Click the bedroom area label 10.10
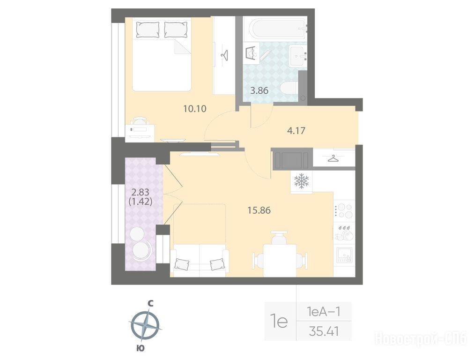tap(195, 108)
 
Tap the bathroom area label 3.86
tap(259, 90)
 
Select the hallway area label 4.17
tap(296, 131)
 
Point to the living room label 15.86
tap(259, 210)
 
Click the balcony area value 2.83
tap(140, 192)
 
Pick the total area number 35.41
tap(324, 331)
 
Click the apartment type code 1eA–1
tap(324, 311)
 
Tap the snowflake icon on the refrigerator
tap(301, 181)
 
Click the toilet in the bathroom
tap(289, 89)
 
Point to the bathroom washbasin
tap(298, 56)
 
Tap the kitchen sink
tap(344, 255)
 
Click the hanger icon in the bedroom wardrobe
tap(224, 55)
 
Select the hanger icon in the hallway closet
tap(333, 158)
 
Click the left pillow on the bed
tap(148, 30)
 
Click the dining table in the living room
tap(280, 260)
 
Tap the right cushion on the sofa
tap(218, 264)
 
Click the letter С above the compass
tap(150, 303)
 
